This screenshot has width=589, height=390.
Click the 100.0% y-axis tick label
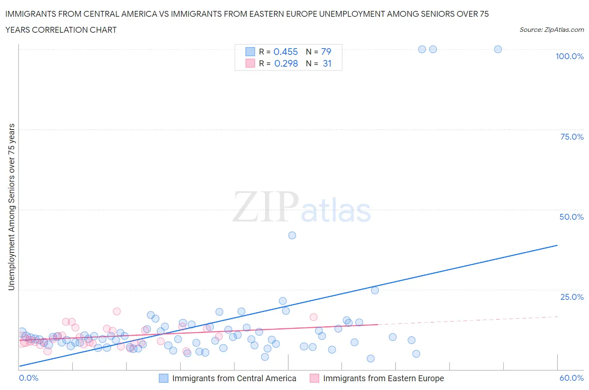click(x=569, y=56)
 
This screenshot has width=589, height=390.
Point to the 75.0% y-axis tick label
click(x=572, y=137)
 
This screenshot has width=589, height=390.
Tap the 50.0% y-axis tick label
click(x=571, y=217)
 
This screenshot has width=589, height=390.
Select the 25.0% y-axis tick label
click(x=572, y=297)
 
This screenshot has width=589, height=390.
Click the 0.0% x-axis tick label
click(x=28, y=378)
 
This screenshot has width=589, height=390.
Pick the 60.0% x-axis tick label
click(x=571, y=378)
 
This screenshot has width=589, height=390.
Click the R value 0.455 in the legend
click(x=285, y=52)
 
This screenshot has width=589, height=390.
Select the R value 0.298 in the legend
click(x=286, y=63)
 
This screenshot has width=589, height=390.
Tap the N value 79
click(x=326, y=52)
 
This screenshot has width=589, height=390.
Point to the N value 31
click(x=327, y=63)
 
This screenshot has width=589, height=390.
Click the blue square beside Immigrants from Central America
click(x=163, y=378)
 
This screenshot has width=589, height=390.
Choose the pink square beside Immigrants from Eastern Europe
click(x=314, y=378)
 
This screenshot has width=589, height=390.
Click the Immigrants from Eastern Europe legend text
click(x=383, y=378)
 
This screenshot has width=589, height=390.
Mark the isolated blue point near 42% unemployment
click(x=292, y=235)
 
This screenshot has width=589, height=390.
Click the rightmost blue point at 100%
click(x=498, y=49)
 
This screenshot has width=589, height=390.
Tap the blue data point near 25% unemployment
click(x=375, y=290)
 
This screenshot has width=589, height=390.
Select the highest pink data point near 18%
click(x=116, y=311)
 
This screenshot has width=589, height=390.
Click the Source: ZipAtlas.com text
click(x=551, y=29)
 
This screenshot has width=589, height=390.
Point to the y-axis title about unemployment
click(x=11, y=207)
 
